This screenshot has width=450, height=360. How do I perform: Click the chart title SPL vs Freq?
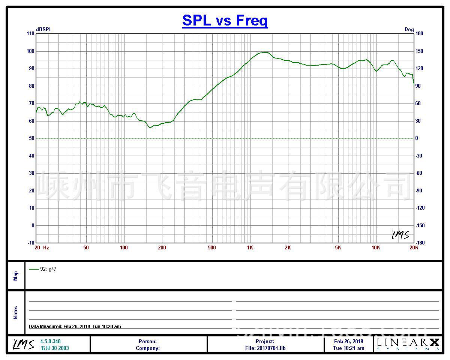coord(225,20)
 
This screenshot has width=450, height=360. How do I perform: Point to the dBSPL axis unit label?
coord(44,30)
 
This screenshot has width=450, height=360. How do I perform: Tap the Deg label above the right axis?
coord(409,30)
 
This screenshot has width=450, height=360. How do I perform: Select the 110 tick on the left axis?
coord(30,34)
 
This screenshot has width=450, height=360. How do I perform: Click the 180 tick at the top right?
coord(419,34)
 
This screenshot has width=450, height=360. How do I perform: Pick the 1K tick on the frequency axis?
coord(250,247)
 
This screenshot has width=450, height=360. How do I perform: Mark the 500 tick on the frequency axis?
coord(212,247)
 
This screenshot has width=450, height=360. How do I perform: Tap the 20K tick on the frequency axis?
coord(414,247)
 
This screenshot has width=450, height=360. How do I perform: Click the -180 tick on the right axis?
coord(420,243)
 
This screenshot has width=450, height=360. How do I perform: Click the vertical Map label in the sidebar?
coord(16,276)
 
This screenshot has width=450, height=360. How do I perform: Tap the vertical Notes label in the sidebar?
coord(16,313)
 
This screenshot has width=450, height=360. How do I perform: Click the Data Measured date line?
coord(75,327)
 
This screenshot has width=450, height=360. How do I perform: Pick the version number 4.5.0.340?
coord(50,341)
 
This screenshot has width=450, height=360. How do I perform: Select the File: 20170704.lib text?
coord(265,348)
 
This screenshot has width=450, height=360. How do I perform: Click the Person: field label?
coord(148,341)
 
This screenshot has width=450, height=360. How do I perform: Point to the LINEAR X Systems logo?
coord(408,344)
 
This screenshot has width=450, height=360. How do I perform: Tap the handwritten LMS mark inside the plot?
coord(400,235)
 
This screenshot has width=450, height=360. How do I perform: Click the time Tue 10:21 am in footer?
coord(349,348)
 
